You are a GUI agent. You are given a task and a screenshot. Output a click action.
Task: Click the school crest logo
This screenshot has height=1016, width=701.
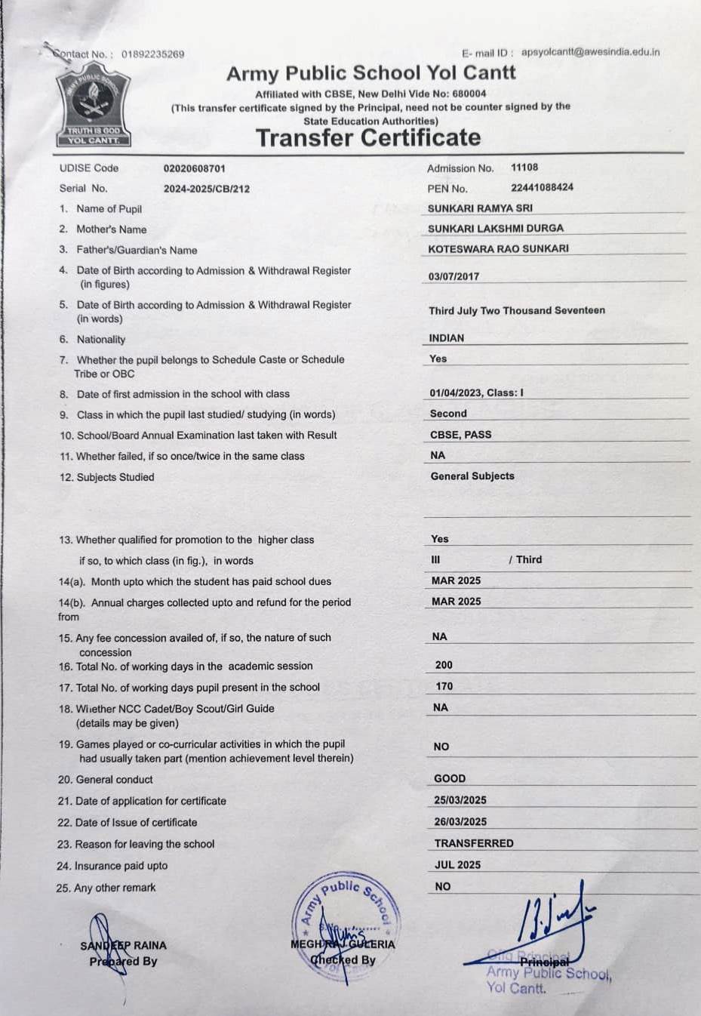coord(94,108)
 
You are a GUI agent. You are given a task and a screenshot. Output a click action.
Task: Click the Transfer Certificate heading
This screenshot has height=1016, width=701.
coord(368,138)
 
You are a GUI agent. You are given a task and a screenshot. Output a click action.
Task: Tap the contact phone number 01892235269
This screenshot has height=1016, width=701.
coord(152,54)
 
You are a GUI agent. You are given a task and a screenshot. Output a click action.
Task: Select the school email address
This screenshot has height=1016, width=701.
coord(590,52)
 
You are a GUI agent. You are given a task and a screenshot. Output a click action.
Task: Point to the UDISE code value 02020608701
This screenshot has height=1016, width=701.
coord(194,168)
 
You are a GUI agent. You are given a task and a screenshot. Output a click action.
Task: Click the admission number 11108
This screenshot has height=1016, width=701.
coord(524,168)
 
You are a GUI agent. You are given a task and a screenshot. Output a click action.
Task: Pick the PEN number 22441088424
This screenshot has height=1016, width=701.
coord(542,187)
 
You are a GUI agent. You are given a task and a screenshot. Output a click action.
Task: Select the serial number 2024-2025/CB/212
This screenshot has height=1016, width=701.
coord(206,189)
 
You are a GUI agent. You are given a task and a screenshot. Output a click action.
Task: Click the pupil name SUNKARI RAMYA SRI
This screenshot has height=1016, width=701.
coord(480,208)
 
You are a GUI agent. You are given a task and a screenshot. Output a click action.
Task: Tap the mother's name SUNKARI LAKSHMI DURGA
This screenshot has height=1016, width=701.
coord(495,228)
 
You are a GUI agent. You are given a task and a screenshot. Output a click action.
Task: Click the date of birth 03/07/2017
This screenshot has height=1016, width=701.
coord(453,276)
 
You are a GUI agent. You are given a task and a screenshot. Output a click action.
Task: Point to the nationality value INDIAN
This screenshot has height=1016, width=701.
coord(447,338)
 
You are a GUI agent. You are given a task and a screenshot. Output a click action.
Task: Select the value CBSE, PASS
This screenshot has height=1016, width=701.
coord(460,435)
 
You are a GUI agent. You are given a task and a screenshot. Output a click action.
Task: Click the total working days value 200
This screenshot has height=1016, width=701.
coord(444,665)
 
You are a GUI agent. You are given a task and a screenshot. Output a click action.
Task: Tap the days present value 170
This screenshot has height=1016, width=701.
coord(444,686)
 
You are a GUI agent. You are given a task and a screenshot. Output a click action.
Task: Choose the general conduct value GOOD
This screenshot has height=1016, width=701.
coord(450,778)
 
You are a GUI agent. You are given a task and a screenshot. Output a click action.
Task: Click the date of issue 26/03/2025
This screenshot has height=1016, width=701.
coord(460,821)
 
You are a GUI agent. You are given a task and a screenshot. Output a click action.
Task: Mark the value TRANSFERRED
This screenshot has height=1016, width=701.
coord(474,843)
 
